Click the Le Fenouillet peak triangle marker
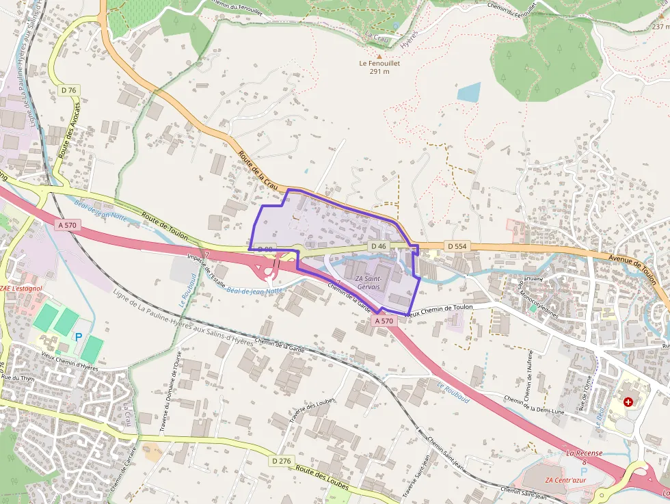[x=379, y=55]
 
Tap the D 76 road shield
[x=68, y=90]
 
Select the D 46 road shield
[x=378, y=246]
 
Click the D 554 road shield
[x=457, y=246]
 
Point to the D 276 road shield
[x=280, y=461]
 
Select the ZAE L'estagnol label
[x=21, y=289]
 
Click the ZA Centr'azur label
[x=573, y=479]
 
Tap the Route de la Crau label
[x=258, y=170]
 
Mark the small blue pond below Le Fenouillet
[x=469, y=92]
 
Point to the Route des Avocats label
[x=68, y=131]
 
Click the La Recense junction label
[x=584, y=453]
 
